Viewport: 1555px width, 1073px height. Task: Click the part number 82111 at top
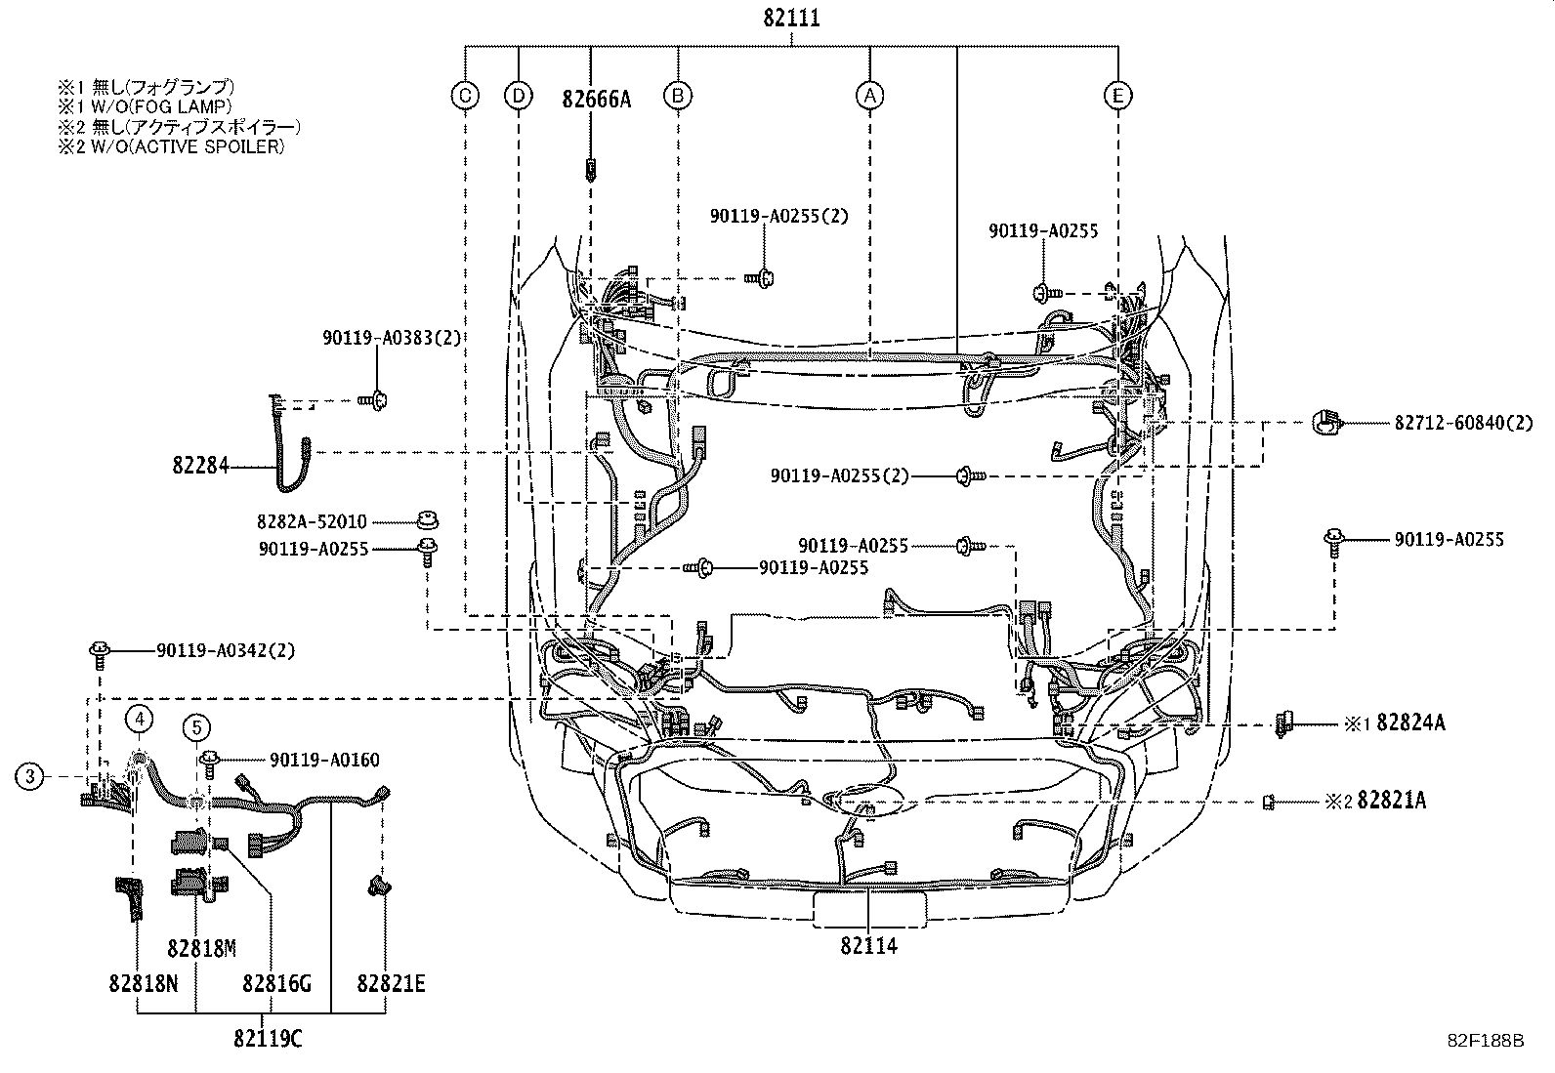(791, 18)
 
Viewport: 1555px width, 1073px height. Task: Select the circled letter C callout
(466, 95)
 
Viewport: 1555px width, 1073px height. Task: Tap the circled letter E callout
(1117, 95)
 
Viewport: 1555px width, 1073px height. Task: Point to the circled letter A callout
(869, 95)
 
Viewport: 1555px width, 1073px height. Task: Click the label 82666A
(596, 99)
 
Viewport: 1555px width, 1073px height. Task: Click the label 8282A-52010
(313, 522)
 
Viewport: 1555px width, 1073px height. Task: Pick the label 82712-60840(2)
(1463, 423)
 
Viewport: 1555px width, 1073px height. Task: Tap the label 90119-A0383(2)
(391, 338)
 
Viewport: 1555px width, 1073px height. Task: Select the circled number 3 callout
(30, 776)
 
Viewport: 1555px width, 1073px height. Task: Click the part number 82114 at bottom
(868, 945)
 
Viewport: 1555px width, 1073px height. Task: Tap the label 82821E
(391, 984)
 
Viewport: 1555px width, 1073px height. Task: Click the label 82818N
(144, 984)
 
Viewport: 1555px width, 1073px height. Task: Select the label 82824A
(1410, 723)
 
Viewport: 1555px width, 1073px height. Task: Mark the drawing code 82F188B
(1485, 1041)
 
